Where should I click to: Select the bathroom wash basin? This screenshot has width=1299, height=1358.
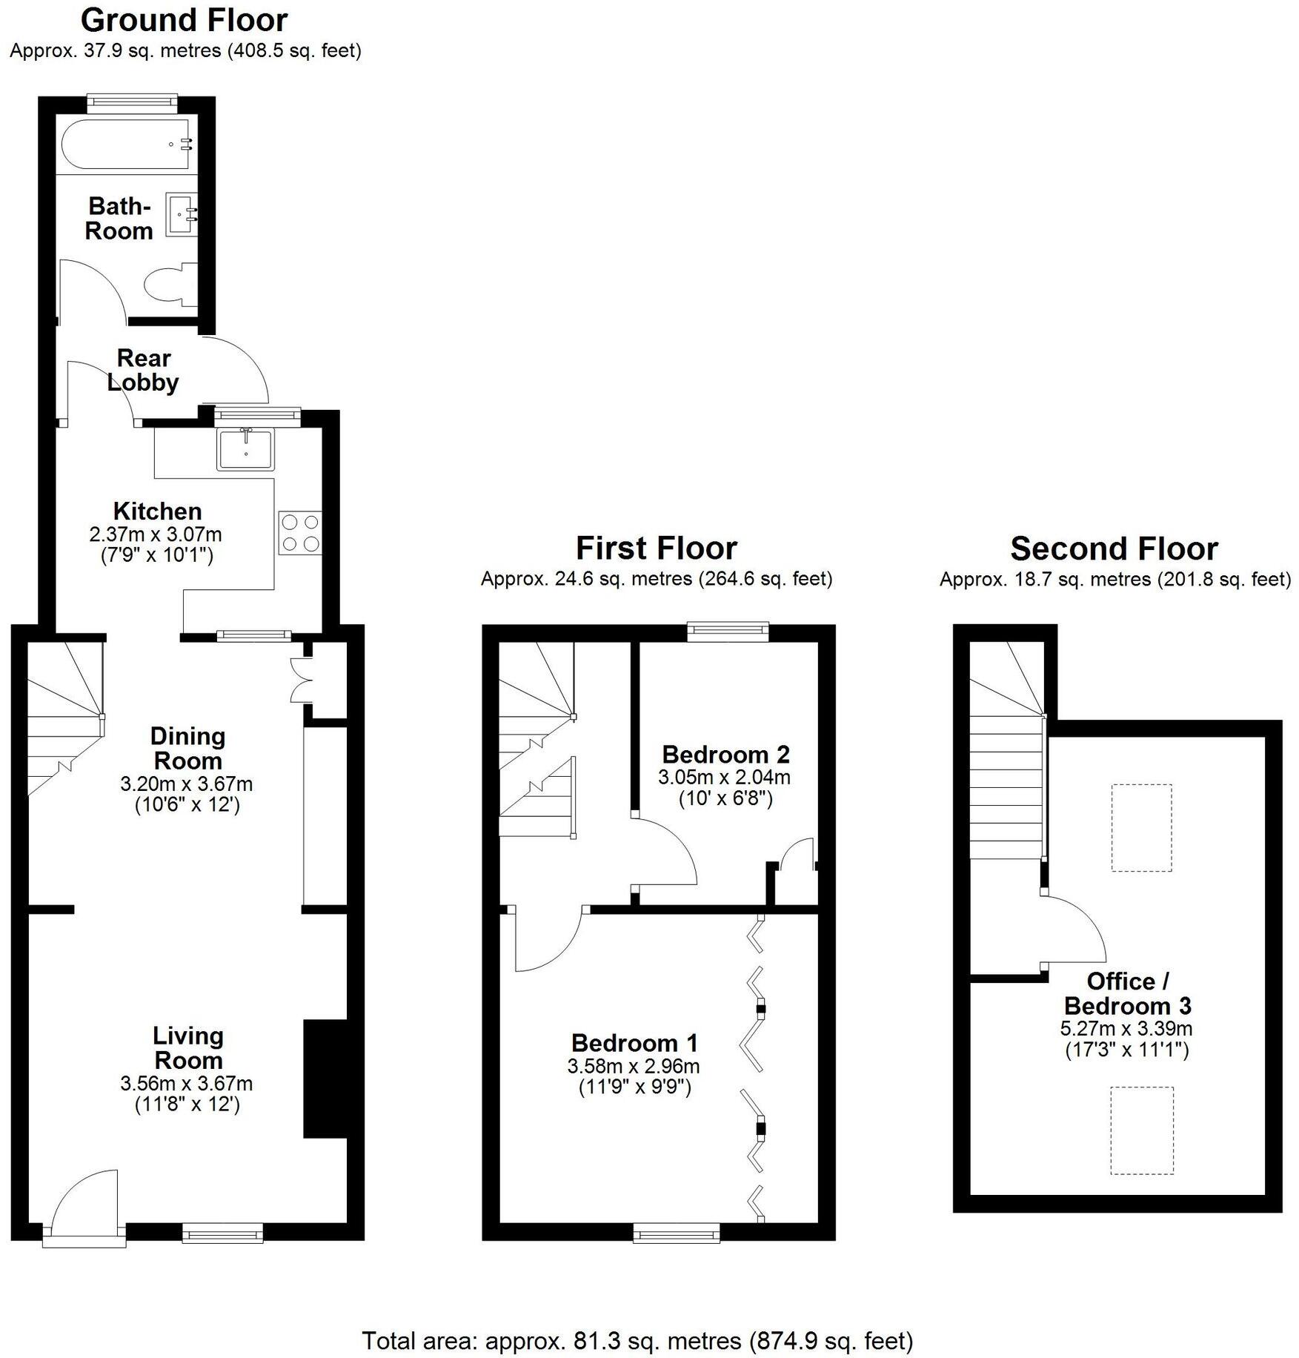coord(182,214)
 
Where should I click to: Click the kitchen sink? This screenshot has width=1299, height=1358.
coord(246,449)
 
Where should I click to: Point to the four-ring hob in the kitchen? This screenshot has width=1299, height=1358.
coord(301,533)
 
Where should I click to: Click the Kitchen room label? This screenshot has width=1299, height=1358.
coord(157,511)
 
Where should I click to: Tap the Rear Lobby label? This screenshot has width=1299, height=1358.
coord(143,370)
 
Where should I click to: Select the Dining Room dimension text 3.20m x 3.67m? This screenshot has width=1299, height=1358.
coord(186,784)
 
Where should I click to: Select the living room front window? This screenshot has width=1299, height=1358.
coord(222,1233)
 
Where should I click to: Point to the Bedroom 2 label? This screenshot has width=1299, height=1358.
coord(725,754)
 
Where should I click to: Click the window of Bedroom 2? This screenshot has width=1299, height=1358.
coord(727,631)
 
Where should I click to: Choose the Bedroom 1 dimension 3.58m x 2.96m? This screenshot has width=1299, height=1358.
coord(633,1066)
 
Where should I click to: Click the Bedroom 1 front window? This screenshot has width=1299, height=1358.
coord(676,1233)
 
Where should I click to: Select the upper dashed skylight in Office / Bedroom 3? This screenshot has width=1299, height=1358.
coord(1141,827)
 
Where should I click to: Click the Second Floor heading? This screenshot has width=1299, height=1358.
coord(1114,549)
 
